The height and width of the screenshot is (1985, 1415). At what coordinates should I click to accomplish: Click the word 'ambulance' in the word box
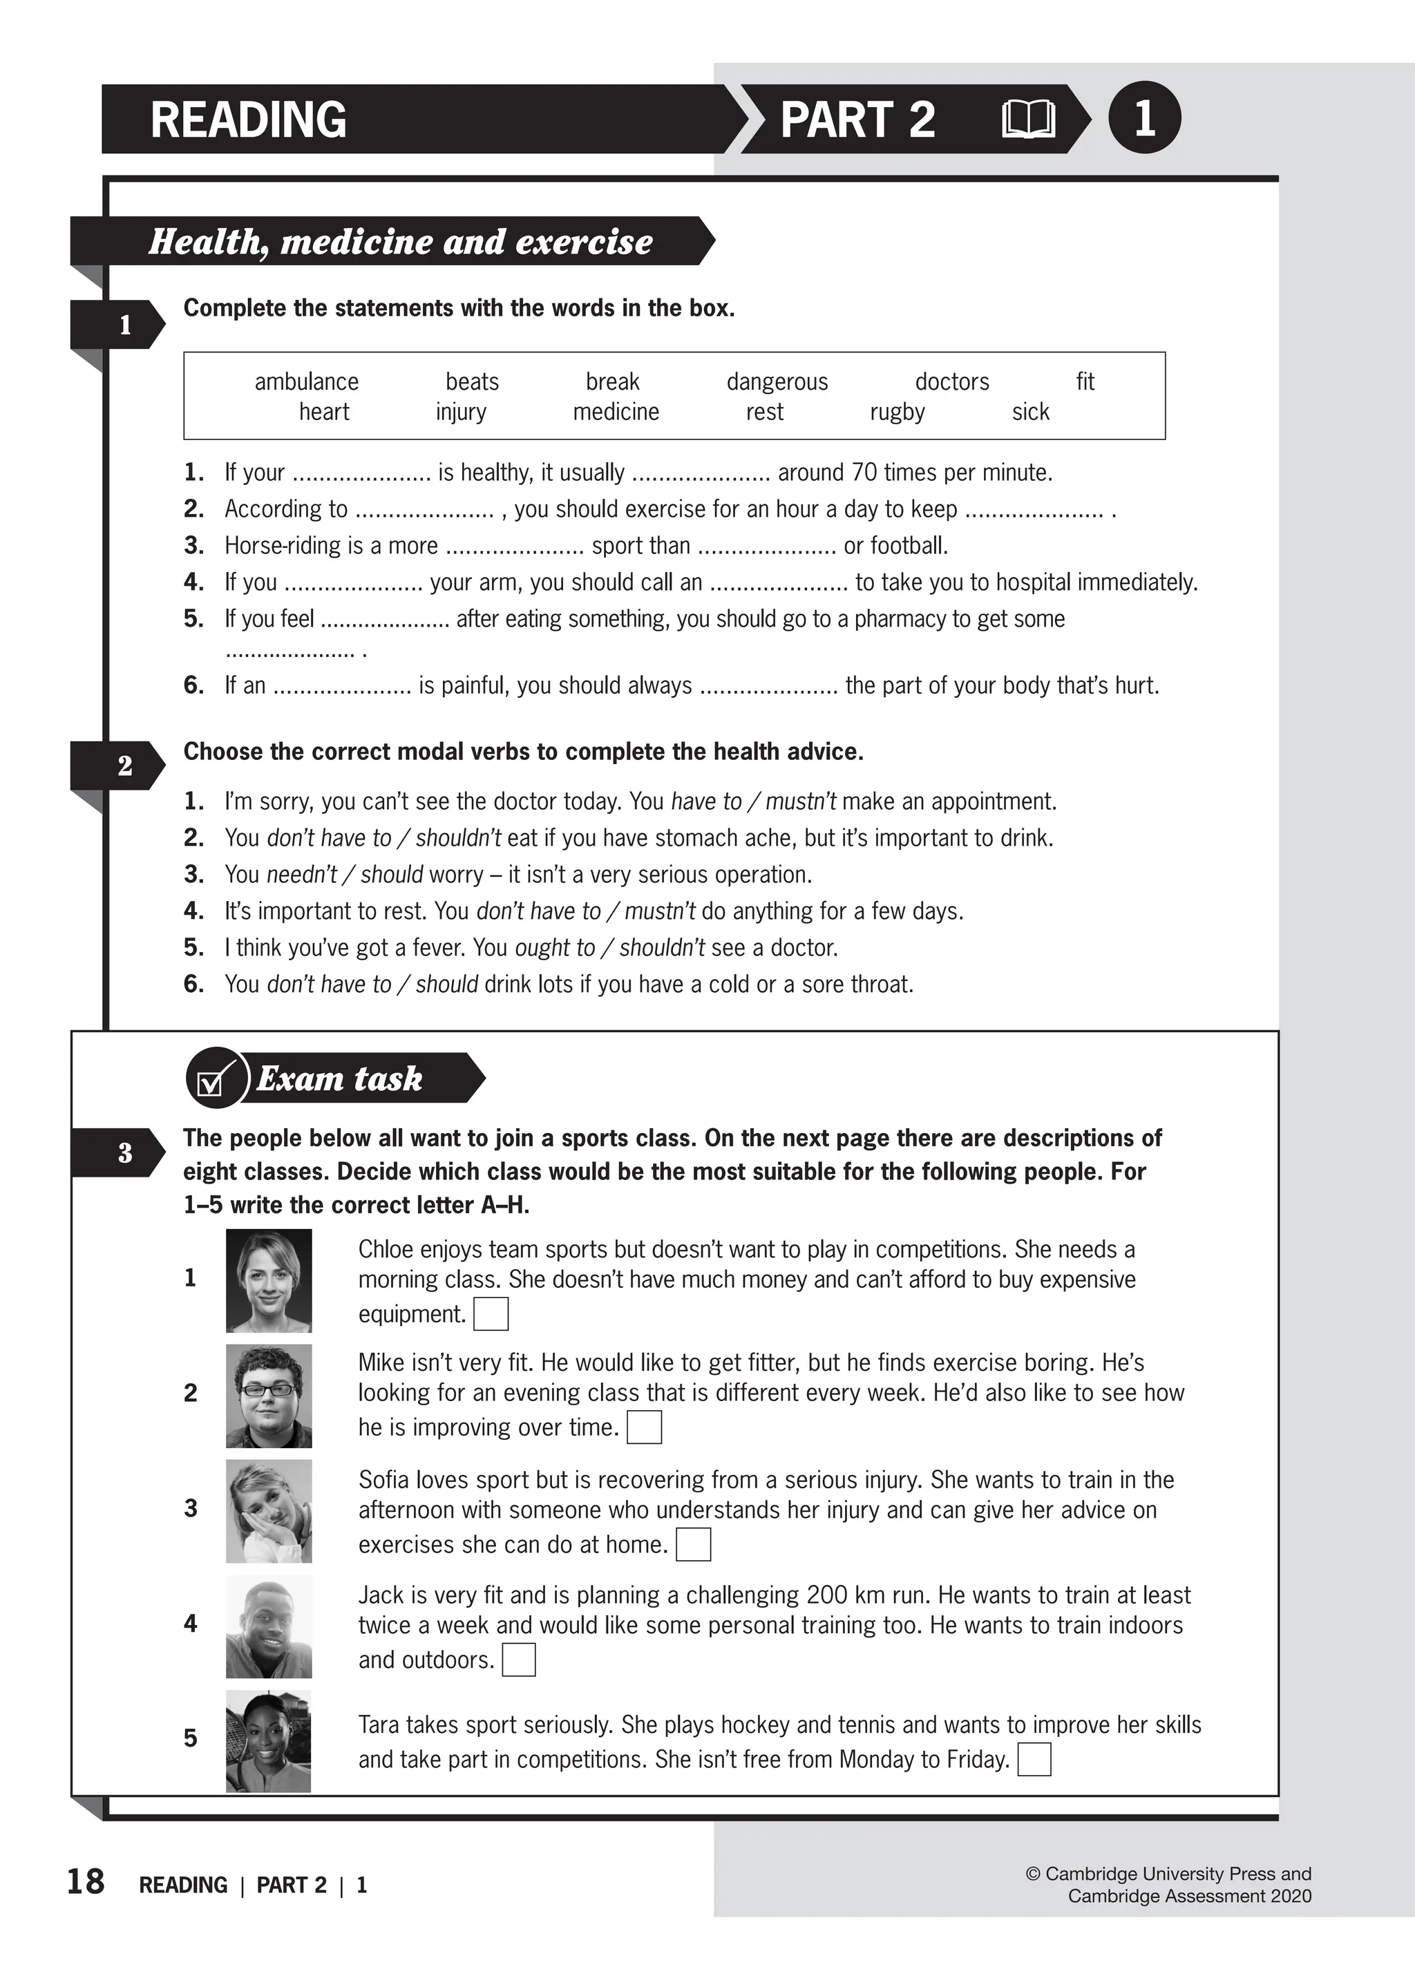[x=306, y=381]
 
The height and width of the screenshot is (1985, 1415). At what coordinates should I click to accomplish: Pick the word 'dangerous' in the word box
[x=777, y=381]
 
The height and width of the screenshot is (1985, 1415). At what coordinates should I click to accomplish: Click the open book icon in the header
[x=1028, y=119]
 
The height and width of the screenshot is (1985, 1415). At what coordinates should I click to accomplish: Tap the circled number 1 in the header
[x=1144, y=117]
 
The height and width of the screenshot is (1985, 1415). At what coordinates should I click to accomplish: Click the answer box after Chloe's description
[x=491, y=1314]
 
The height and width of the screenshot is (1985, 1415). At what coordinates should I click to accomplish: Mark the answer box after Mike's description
[x=644, y=1427]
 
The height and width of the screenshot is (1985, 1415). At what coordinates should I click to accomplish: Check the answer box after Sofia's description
[x=694, y=1545]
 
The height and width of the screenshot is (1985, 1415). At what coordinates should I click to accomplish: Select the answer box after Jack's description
[x=518, y=1660]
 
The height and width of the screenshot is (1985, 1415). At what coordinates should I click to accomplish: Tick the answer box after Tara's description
[x=1034, y=1759]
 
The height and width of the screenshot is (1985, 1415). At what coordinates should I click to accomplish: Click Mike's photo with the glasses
[x=268, y=1396]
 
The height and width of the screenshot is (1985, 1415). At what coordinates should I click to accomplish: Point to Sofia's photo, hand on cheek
[x=268, y=1512]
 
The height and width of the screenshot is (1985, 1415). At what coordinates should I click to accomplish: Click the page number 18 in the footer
[x=86, y=1882]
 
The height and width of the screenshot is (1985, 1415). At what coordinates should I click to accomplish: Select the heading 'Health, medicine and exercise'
[x=400, y=241]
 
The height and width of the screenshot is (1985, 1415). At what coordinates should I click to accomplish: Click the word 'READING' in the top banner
[x=248, y=120]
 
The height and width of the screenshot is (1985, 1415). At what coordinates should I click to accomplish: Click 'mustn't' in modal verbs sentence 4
[x=660, y=911]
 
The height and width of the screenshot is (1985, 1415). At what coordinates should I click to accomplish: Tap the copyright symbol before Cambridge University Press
[x=1034, y=1874]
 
